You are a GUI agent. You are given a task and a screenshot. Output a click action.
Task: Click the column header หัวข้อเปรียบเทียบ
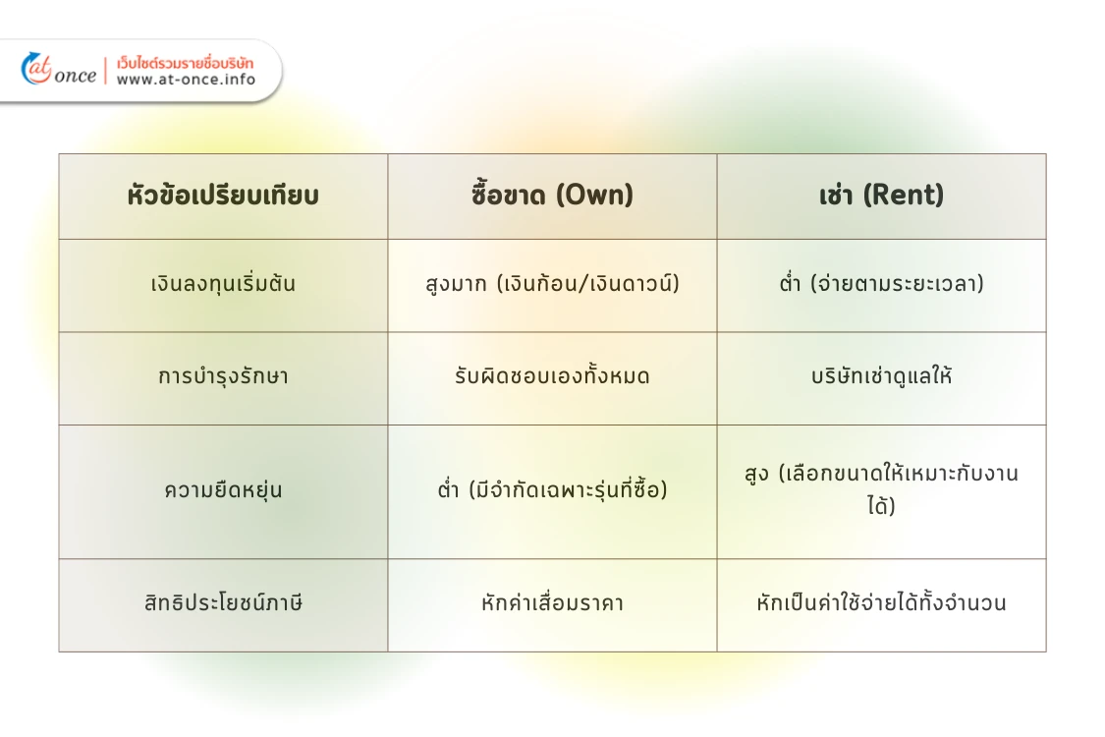223,196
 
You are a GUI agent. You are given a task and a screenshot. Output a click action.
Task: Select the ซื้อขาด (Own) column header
552,196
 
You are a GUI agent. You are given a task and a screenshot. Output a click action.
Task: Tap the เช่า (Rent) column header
881,196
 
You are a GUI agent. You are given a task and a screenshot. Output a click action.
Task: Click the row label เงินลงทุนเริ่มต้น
223,285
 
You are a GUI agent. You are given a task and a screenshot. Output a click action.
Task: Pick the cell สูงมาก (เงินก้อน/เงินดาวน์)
552,285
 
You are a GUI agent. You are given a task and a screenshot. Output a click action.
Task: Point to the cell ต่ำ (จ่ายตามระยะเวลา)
881,285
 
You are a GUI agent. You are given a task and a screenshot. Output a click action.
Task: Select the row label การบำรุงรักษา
223,377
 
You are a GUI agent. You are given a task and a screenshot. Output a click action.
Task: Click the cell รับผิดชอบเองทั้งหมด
552,377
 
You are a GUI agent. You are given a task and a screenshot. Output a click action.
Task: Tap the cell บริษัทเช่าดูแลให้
881,377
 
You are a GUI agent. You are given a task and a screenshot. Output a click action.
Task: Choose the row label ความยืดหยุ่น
223,490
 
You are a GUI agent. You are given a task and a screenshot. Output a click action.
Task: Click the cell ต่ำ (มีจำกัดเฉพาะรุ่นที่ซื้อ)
552,490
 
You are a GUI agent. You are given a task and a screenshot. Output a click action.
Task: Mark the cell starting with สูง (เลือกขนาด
881,490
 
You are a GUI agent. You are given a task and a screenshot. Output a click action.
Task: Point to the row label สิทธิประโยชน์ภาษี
223,603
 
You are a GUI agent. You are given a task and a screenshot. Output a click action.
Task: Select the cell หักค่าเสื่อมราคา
552,603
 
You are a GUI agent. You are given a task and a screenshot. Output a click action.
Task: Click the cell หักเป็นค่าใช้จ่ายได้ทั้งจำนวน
881,603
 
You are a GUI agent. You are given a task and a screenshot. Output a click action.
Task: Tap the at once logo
59,71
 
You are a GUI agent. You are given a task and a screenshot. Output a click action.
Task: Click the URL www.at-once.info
186,80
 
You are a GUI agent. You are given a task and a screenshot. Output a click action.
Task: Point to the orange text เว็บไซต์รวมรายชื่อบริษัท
185,63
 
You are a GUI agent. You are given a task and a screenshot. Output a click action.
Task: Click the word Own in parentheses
595,196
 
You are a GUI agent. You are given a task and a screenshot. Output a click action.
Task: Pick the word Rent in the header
903,196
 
